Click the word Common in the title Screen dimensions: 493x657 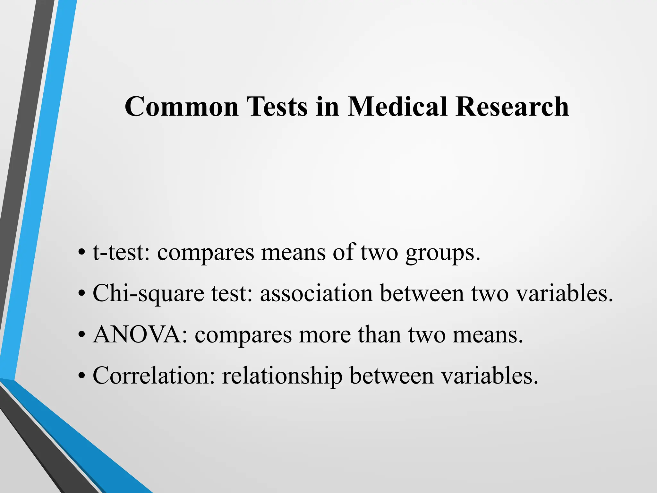182,107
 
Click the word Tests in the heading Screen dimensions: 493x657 277,107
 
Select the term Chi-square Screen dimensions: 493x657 148,294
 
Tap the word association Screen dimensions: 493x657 316,293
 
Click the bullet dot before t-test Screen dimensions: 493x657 81,252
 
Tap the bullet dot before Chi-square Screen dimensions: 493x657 81,293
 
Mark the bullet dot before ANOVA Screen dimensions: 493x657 81,334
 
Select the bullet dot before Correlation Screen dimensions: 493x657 81,375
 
